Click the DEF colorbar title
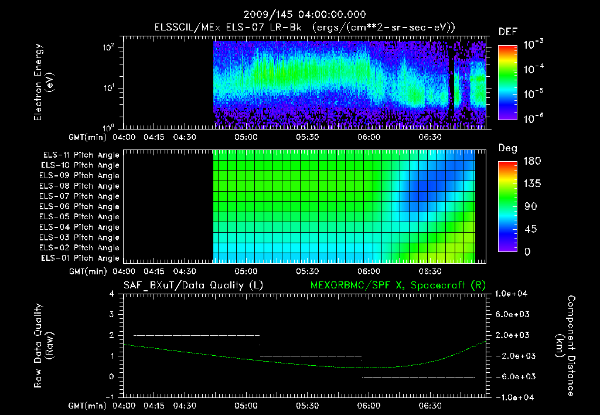(507, 32)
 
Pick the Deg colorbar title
(507, 148)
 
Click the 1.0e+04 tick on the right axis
(512, 294)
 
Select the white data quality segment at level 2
(196, 335)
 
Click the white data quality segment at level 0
(418, 377)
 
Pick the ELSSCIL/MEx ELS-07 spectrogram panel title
(305, 28)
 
